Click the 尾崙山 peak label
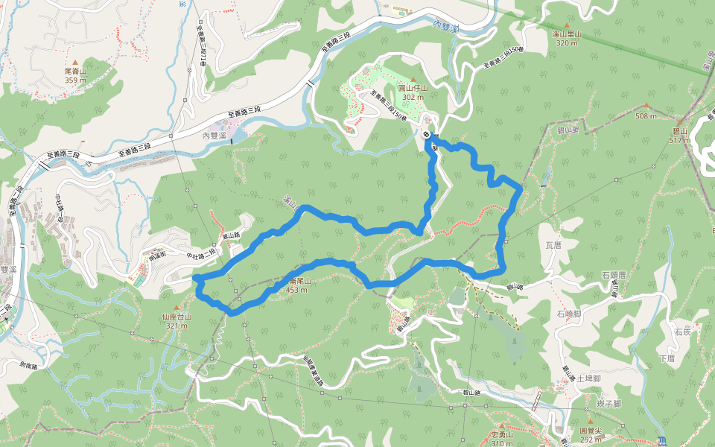[x=75, y=72]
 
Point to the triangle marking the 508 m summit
[x=646, y=106]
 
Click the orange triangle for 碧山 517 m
[x=680, y=121]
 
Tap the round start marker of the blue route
[x=426, y=134]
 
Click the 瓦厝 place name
[x=553, y=244]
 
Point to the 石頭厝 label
[x=614, y=275]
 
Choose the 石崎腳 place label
[x=568, y=314]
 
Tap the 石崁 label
[x=681, y=332]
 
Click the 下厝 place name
[x=667, y=358]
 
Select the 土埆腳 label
[x=588, y=378]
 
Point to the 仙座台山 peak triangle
[x=177, y=307]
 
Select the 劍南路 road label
[x=34, y=366]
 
